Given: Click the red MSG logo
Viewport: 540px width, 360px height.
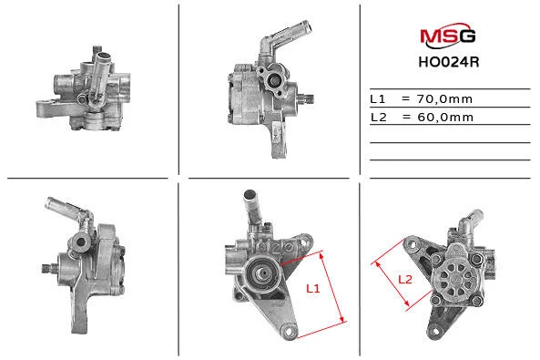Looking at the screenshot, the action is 448,36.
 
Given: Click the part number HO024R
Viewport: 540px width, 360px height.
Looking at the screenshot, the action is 449,62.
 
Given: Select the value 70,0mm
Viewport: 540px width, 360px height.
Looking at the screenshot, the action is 444,99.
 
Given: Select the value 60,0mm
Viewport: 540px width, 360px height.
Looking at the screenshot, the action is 445,118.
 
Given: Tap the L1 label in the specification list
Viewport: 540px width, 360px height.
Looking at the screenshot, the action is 377,99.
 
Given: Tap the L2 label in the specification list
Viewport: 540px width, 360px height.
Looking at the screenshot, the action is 379,118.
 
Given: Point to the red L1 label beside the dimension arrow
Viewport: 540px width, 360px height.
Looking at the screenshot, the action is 313,288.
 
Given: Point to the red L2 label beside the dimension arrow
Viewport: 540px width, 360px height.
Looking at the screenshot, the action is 405,279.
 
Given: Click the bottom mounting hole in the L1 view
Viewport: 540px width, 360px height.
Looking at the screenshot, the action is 289,331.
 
